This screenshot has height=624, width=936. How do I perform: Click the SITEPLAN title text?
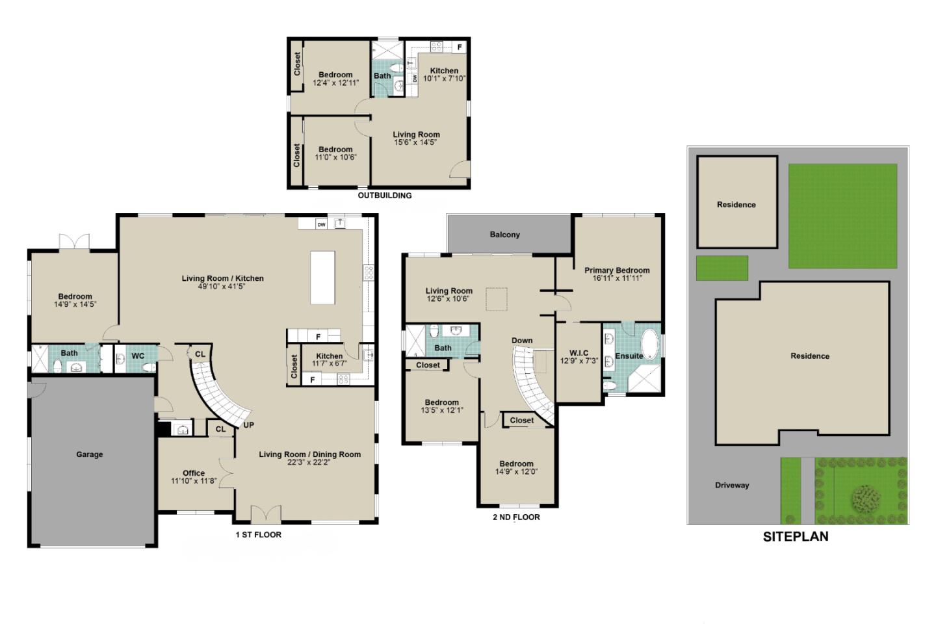click(796, 537)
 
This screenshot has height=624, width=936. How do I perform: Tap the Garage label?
click(90, 454)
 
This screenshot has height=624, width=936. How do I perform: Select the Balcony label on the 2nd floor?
click(505, 235)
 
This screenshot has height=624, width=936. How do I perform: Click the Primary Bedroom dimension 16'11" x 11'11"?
click(617, 278)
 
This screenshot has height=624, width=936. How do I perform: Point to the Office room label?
click(194, 473)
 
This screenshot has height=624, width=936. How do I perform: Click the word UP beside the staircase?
click(248, 425)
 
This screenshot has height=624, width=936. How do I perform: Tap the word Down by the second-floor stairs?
click(522, 341)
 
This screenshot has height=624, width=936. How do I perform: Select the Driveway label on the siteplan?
click(732, 486)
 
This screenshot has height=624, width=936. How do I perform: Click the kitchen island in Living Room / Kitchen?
click(322, 278)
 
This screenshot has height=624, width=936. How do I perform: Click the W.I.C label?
click(578, 353)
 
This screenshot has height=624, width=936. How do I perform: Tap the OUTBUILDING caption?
click(385, 195)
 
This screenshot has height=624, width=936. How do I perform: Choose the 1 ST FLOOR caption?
click(259, 535)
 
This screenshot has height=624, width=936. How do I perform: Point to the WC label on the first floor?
click(138, 356)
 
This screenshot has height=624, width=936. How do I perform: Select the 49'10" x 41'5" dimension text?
click(222, 286)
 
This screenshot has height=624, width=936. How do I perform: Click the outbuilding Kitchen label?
click(444, 71)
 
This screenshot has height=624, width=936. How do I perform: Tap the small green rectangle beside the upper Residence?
click(722, 268)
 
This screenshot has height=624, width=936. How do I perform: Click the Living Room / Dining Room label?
click(309, 454)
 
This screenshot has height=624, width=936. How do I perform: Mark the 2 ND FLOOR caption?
click(516, 517)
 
